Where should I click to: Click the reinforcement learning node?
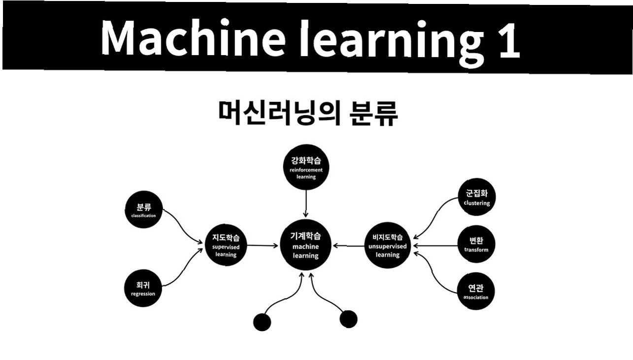(x=306, y=169)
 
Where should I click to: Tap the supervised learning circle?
(x=226, y=245)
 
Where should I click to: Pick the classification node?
(x=143, y=210)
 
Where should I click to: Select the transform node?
(x=476, y=244)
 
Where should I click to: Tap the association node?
(x=476, y=291)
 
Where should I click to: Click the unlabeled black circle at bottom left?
(x=262, y=322)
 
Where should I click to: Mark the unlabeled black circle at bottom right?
(x=348, y=319)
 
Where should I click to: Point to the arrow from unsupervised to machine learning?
(x=350, y=245)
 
